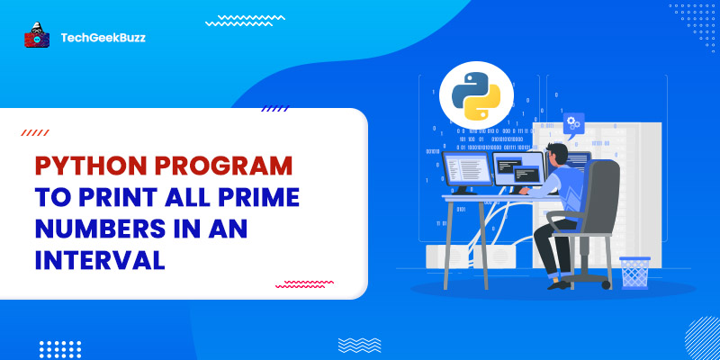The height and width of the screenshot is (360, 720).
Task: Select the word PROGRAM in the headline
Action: pyautogui.click(x=227, y=168)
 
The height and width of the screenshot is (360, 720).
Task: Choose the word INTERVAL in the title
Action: pyautogui.click(x=100, y=260)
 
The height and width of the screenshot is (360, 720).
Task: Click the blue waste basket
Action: pyautogui.click(x=634, y=271)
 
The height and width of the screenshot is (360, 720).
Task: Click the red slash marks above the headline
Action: pyautogui.click(x=35, y=133)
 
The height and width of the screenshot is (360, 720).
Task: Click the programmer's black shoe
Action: pyautogui.click(x=558, y=283)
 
